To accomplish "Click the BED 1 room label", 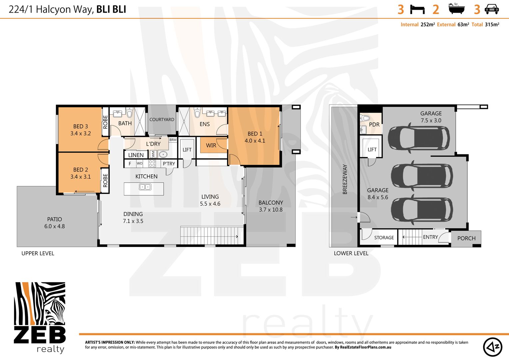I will [255, 134].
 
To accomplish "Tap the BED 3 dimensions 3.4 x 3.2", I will [81, 133].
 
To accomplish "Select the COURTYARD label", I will [162, 119].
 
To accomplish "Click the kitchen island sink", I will [145, 187].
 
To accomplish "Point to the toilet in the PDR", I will [365, 118].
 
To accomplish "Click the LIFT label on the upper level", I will [187, 150].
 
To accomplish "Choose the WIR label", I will [211, 145].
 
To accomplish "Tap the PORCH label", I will [466, 238].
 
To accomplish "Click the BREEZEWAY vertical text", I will [345, 179].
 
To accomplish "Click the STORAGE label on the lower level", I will [384, 238].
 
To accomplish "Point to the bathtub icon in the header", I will [456, 9].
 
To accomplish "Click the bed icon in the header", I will [417, 9].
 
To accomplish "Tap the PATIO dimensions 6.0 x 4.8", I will [55, 226].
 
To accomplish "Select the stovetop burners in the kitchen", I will [152, 163].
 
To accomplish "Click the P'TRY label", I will [169, 164].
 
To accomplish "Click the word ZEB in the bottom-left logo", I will [40, 335].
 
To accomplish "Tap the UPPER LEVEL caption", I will [38, 253].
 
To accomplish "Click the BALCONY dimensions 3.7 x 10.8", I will [270, 210].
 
